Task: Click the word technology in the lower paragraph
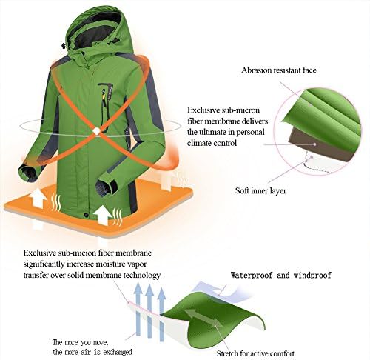click(138, 275)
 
